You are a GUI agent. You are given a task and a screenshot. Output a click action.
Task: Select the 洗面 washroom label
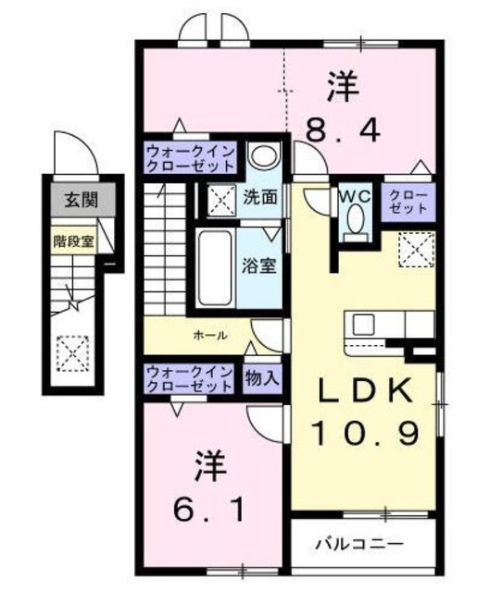pyautogui.click(x=260, y=196)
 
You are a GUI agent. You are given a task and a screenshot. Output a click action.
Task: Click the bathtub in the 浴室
pyautogui.click(x=217, y=267)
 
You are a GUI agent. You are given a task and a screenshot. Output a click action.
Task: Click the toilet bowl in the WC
pyautogui.click(x=355, y=219)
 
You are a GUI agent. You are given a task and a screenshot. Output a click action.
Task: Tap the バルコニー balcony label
pyautogui.click(x=357, y=541)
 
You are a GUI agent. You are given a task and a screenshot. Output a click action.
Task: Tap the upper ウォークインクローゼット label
pyautogui.click(x=190, y=158)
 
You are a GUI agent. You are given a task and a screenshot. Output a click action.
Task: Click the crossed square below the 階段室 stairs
pyautogui.click(x=70, y=351)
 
